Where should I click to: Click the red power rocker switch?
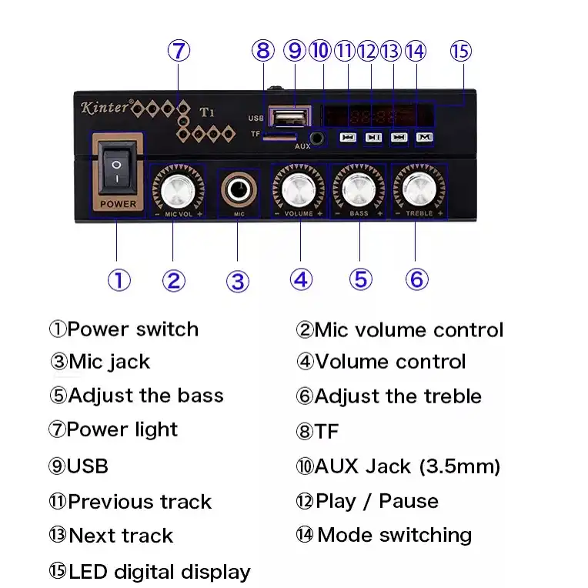tap(118, 170)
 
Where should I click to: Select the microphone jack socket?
tap(239, 188)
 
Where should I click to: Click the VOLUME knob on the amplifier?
tap(298, 187)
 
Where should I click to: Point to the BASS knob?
tap(358, 187)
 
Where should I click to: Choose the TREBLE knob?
tap(419, 187)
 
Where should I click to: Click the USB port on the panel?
tap(288, 117)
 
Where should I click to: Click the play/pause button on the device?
tap(373, 138)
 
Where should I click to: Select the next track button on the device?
tap(398, 138)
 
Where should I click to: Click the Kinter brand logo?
tap(105, 108)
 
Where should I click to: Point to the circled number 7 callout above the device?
tap(179, 52)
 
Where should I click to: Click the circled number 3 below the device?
tap(238, 281)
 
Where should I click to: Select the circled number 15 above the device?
tap(460, 52)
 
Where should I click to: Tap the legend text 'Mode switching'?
tap(394, 535)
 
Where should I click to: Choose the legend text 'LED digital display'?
tap(159, 572)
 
